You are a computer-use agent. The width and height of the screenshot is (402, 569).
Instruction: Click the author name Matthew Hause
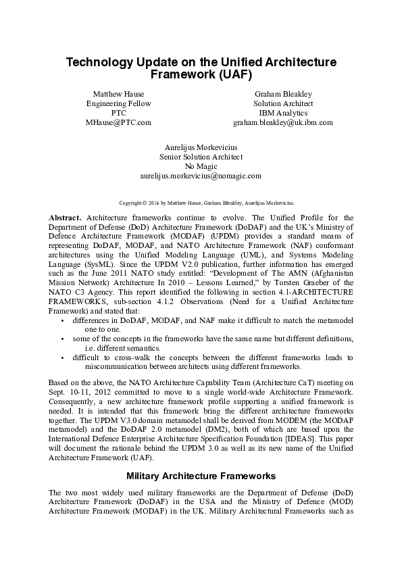(x=118, y=93)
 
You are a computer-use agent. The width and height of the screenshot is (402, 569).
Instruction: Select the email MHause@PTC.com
(x=118, y=122)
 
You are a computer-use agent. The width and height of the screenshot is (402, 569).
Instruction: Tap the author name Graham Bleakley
(x=283, y=93)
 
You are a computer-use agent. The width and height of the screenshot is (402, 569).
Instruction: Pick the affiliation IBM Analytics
(x=283, y=113)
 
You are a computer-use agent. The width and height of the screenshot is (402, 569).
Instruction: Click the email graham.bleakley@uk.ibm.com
(x=283, y=122)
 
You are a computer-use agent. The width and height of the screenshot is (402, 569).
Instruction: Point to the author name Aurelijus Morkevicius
(x=201, y=147)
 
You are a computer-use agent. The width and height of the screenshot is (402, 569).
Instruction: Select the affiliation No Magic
(x=201, y=166)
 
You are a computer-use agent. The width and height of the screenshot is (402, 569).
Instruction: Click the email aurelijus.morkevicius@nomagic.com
(x=201, y=176)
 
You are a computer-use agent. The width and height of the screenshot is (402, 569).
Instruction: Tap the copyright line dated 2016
(x=201, y=202)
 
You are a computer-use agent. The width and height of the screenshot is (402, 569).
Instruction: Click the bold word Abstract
(x=65, y=218)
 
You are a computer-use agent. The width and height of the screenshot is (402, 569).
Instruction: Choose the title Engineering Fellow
(x=118, y=103)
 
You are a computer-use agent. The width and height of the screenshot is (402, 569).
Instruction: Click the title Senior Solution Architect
(x=201, y=156)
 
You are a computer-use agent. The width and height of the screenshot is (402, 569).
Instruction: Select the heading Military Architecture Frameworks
(x=201, y=475)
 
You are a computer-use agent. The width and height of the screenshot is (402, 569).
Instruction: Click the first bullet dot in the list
(x=63, y=319)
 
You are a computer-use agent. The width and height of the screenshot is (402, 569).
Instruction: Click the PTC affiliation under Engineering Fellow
(x=118, y=113)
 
